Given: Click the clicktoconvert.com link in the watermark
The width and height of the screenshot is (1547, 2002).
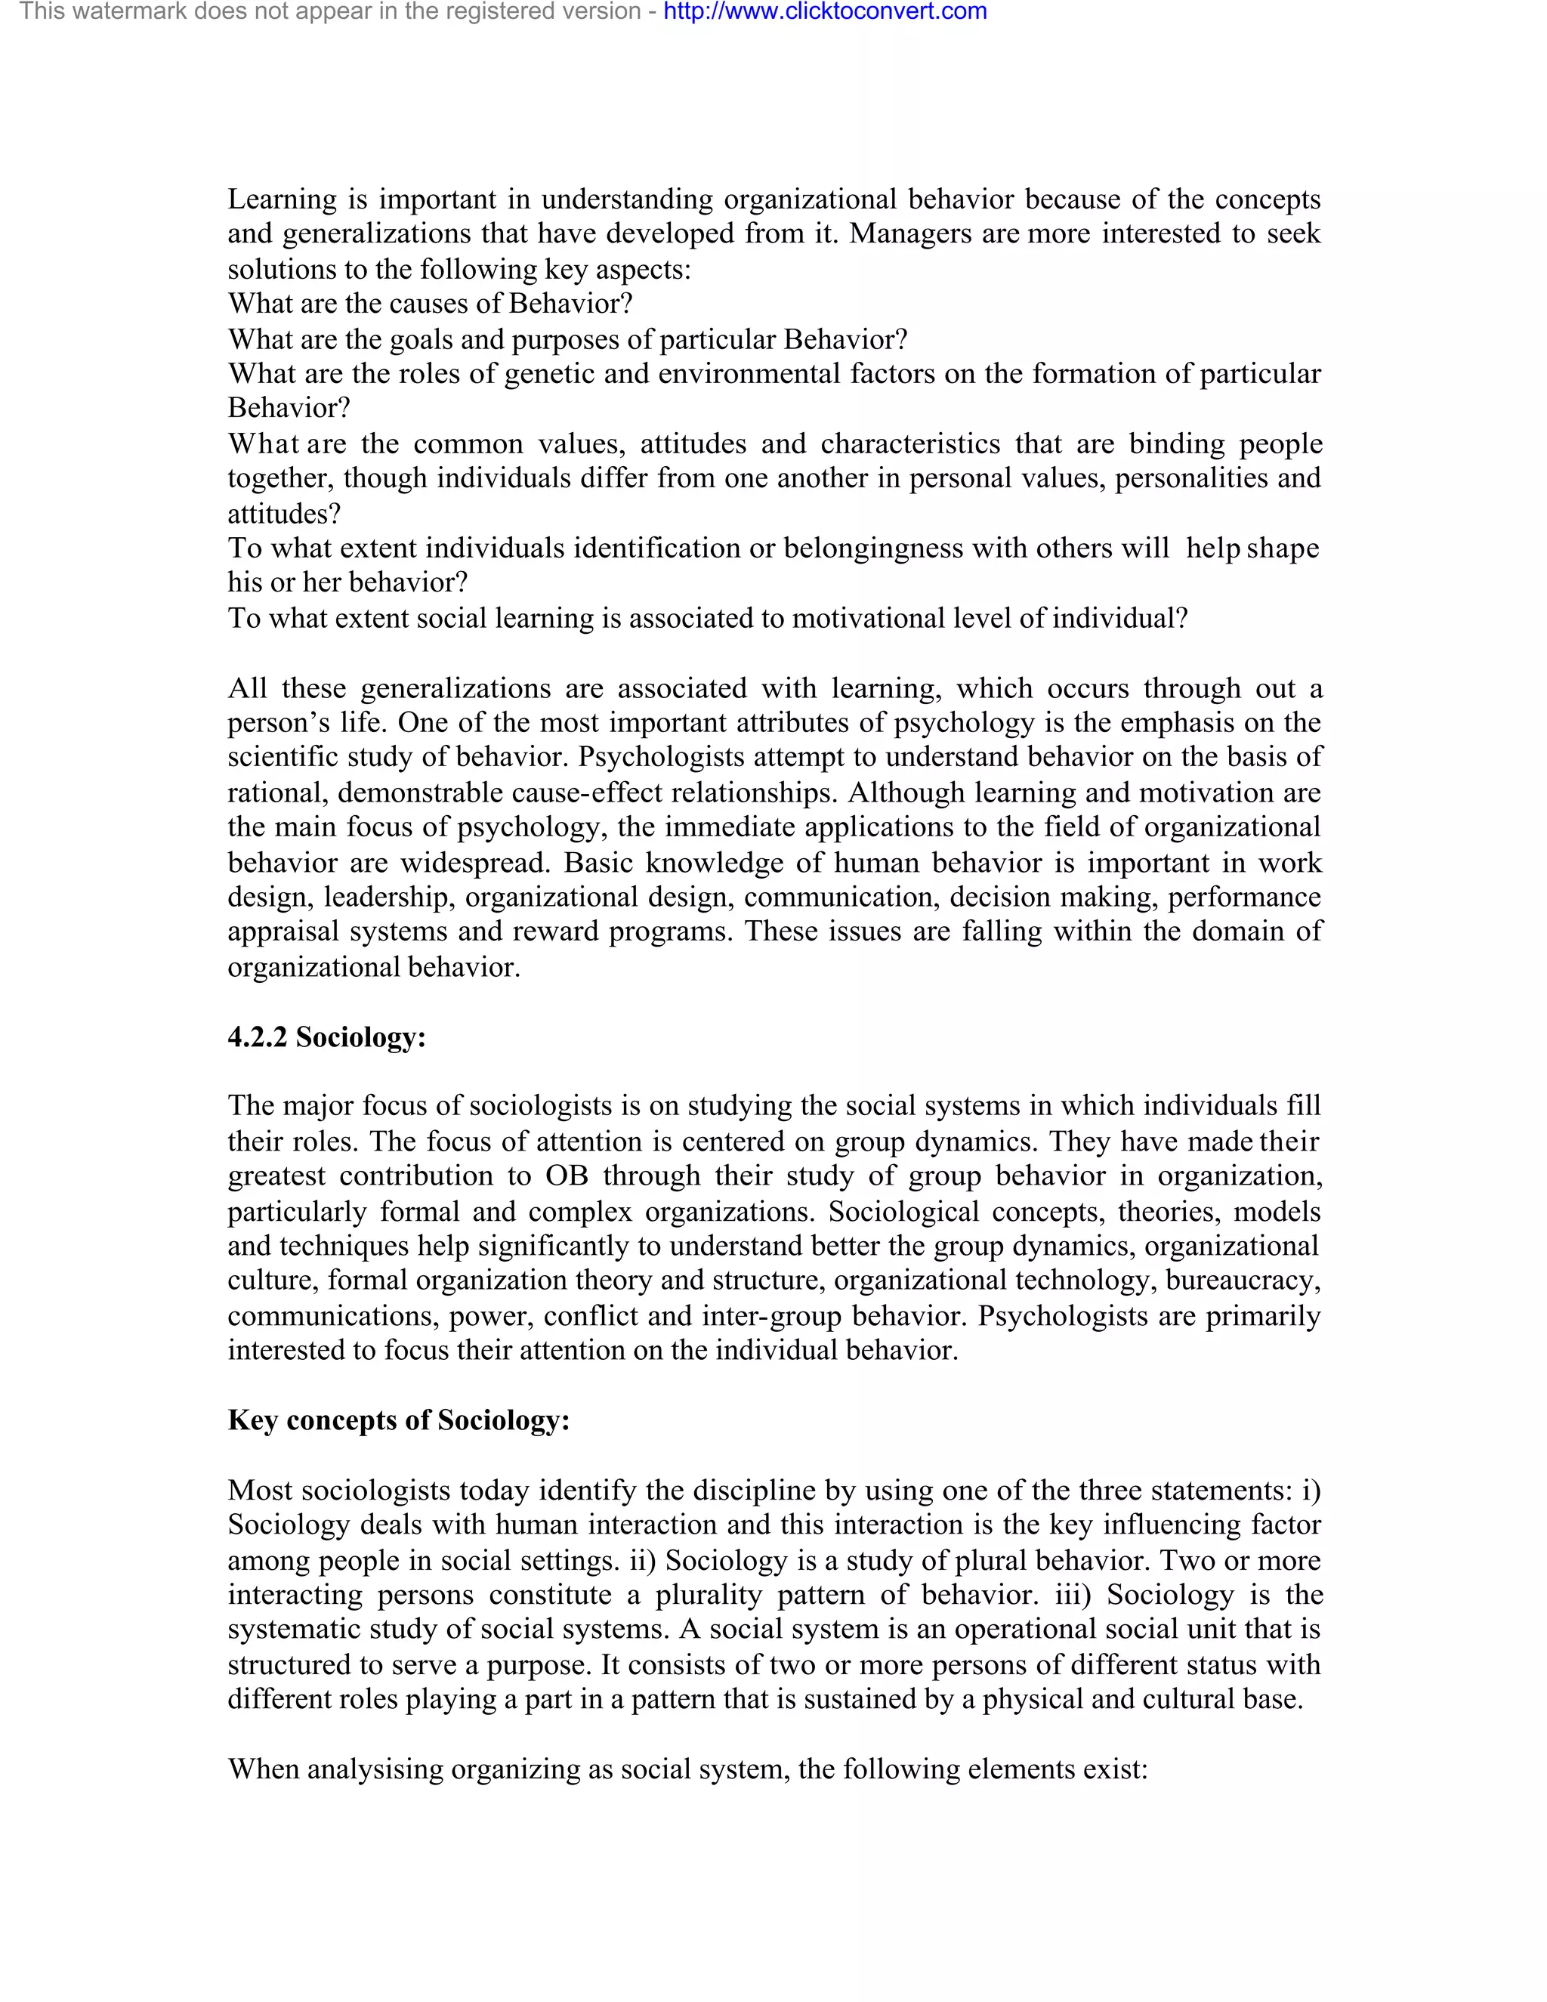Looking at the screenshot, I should [825, 12].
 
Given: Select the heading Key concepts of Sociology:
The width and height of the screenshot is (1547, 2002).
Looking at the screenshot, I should [399, 1420].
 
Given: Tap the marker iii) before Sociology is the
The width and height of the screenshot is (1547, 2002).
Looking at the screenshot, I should [1073, 1595].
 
